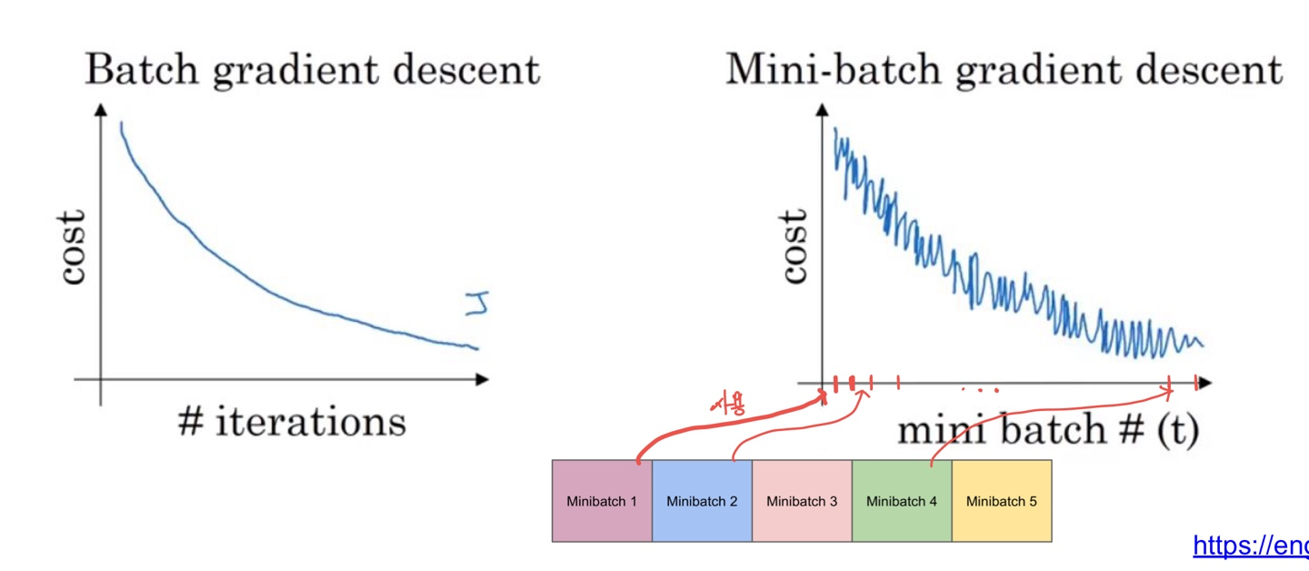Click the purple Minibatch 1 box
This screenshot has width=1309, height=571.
(x=602, y=501)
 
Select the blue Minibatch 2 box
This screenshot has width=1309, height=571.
(x=702, y=501)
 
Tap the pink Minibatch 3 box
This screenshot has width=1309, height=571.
(x=802, y=501)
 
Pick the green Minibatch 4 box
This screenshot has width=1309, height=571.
(x=902, y=501)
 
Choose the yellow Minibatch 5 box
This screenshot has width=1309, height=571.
(x=1002, y=501)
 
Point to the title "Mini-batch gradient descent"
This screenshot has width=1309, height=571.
(x=1004, y=70)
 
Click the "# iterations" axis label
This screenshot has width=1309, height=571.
(x=292, y=422)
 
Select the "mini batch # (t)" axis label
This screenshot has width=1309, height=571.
(x=1048, y=429)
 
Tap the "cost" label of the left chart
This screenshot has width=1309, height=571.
(x=73, y=246)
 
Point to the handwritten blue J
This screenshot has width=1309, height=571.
(x=475, y=304)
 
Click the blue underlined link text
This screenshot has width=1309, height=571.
(x=1250, y=545)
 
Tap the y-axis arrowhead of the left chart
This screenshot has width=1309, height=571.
(x=101, y=111)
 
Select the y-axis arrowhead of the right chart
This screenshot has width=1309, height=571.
(x=824, y=111)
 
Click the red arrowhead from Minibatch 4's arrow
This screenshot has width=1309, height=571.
(x=1168, y=392)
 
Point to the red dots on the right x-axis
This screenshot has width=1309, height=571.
(x=979, y=391)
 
